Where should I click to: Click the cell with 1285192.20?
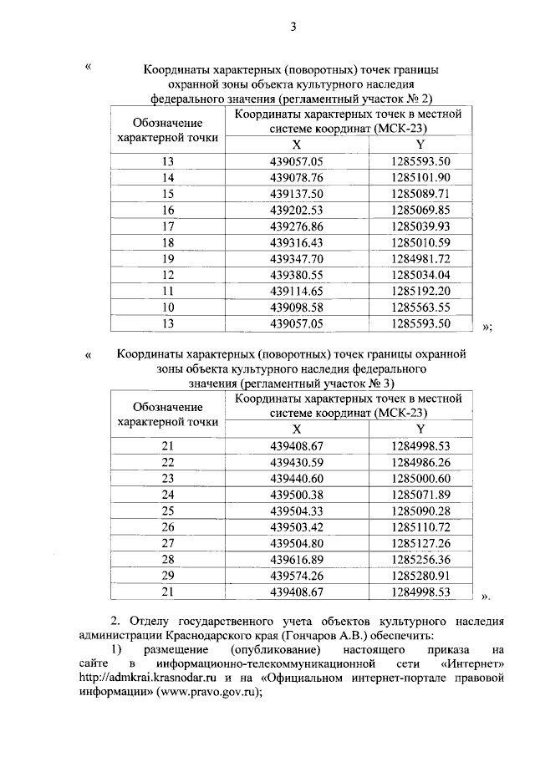[x=420, y=291]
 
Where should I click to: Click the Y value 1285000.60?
[x=420, y=478]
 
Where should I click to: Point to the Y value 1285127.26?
[x=420, y=543]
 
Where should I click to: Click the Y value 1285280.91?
[x=420, y=576]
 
